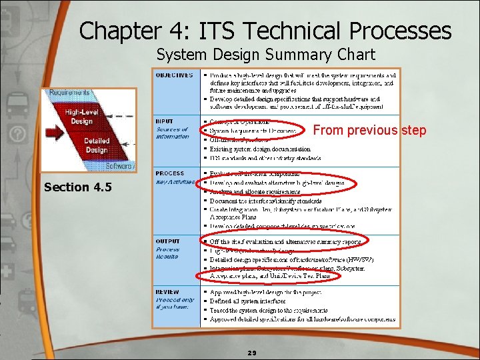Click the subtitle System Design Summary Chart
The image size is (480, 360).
coord(265,54)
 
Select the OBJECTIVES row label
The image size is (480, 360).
coord(175,75)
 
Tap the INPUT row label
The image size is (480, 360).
coord(165,121)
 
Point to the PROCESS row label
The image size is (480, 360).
coord(170,173)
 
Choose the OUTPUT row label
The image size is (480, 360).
coord(168,241)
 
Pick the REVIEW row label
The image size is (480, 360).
coord(167,292)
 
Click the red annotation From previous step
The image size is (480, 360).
coord(369,131)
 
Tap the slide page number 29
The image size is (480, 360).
coord(252,353)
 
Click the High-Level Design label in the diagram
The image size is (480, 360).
coord(81,117)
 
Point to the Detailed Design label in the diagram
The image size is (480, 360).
coord(97,145)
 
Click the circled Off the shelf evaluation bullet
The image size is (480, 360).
coord(285,241)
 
